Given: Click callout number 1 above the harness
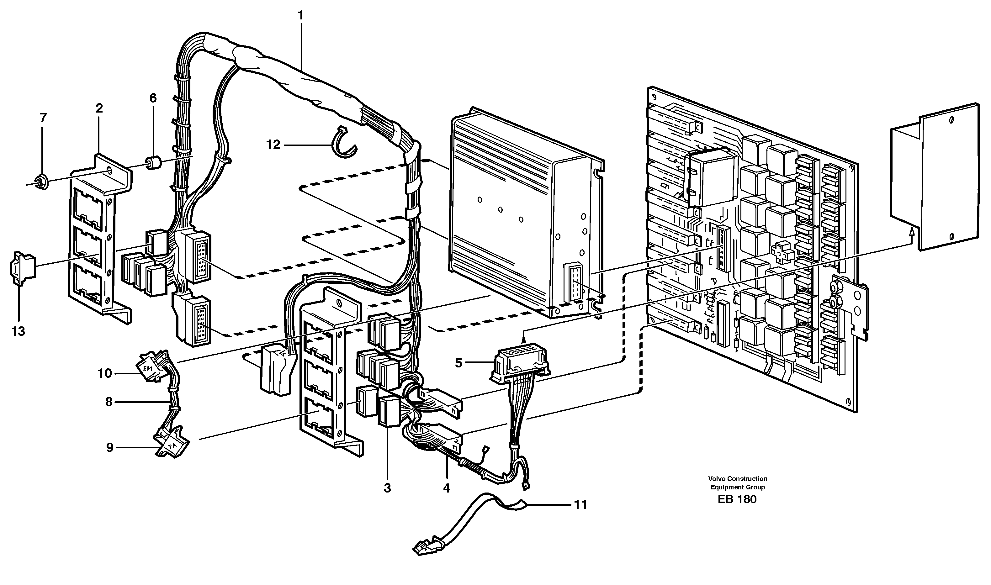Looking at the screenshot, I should [x=301, y=16].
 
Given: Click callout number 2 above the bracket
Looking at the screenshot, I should [x=99, y=108].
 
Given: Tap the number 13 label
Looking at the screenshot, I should [x=18, y=331].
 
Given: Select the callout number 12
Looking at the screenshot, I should [x=273, y=145].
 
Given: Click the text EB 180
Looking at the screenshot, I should [x=737, y=499].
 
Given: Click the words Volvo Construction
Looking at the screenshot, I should [x=737, y=478].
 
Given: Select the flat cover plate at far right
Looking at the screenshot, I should [x=946, y=177].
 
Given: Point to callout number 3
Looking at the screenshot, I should [x=387, y=488].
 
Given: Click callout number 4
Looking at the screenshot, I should [x=446, y=488].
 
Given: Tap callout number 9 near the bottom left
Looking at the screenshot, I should [x=110, y=447].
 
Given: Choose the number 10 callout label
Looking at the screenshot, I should [x=105, y=373].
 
